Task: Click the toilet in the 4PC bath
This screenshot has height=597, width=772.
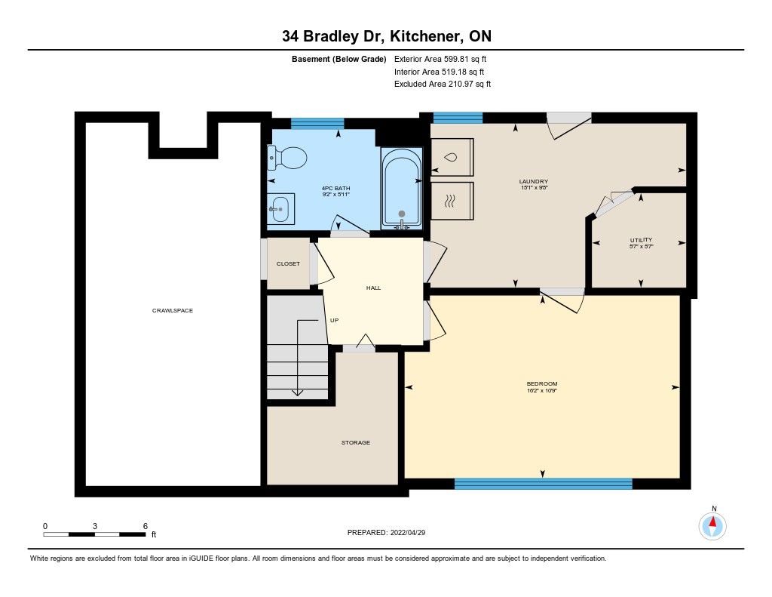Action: (287, 158)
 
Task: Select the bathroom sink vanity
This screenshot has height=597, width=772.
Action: (280, 209)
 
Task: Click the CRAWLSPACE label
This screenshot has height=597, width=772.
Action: (173, 311)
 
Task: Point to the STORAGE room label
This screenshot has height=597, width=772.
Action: (356, 443)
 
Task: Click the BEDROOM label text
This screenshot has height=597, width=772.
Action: (541, 384)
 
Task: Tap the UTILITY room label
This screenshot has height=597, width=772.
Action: (641, 240)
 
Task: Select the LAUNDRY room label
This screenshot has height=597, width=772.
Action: (533, 181)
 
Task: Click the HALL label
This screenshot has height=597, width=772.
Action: (373, 288)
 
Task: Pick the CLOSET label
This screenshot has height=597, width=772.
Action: (288, 263)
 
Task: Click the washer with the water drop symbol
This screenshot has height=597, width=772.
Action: (452, 157)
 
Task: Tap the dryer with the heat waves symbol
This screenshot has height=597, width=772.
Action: (452, 201)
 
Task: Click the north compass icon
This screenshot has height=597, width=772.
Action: (712, 526)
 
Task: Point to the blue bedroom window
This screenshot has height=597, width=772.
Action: (543, 484)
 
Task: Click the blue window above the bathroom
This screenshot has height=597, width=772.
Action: (317, 123)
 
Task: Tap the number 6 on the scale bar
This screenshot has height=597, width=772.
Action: (146, 526)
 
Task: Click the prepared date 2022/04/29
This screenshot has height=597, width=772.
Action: (408, 532)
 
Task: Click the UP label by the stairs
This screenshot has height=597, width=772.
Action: (334, 321)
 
